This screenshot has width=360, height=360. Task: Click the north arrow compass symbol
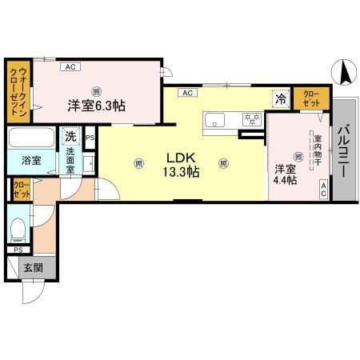pyautogui.click(x=346, y=74)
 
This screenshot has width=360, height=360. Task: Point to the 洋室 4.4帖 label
pyautogui.click(x=286, y=174)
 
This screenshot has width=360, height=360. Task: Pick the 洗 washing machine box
pyautogui.click(x=71, y=136)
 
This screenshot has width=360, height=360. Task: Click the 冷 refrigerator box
pyautogui.click(x=281, y=98)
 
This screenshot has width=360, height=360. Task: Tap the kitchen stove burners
pyautogui.click(x=252, y=120)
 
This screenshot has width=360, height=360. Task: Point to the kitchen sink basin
pyautogui.click(x=217, y=121)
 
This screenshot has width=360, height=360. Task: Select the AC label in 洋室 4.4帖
pyautogui.click(x=324, y=189)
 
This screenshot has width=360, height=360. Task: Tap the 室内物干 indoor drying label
pyautogui.click(x=317, y=150)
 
